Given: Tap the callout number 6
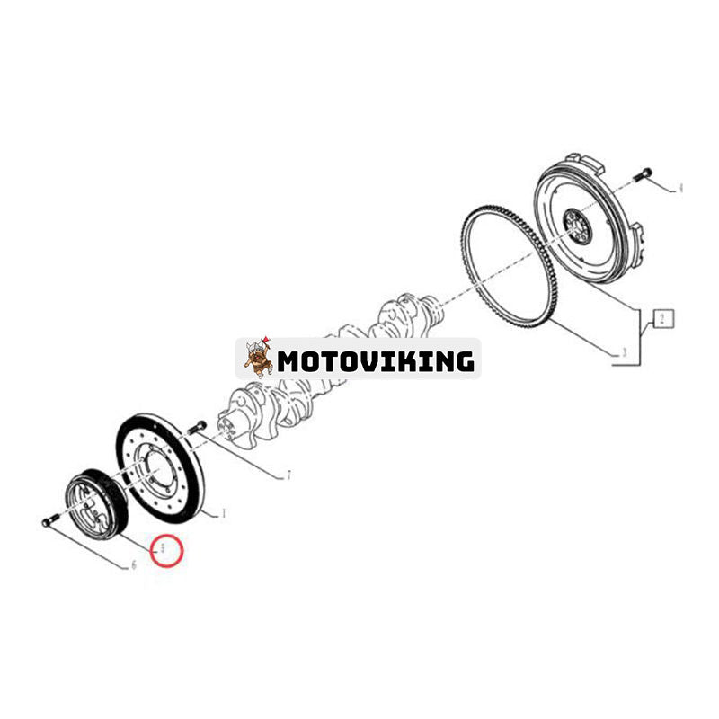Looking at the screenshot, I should (x=133, y=565).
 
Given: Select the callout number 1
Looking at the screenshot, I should (x=223, y=515).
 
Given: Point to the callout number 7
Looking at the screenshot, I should (x=288, y=475).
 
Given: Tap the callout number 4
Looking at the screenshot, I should (x=680, y=189).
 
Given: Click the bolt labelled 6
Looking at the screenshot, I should (x=50, y=520).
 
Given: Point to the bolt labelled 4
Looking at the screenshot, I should (x=642, y=174).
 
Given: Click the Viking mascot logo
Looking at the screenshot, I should (x=258, y=358).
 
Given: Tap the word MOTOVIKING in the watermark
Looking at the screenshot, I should (x=375, y=361).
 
